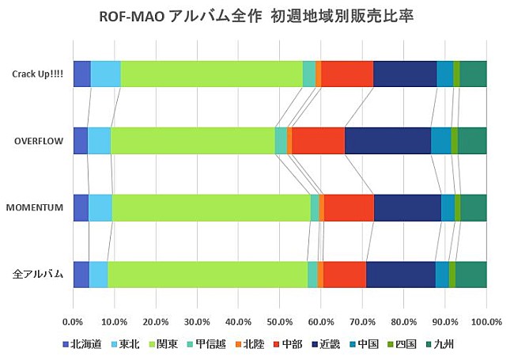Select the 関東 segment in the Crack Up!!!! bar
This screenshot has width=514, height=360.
211,73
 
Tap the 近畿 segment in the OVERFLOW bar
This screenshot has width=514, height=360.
387,140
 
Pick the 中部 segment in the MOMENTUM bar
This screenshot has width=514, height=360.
349,207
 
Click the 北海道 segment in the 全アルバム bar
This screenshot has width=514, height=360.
81,273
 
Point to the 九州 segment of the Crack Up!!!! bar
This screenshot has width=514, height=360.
473,73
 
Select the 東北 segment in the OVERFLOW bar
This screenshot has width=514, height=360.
99,140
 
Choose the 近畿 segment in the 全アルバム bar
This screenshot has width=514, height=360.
401,273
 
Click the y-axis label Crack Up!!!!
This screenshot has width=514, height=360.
37,74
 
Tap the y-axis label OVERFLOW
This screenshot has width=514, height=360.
39,140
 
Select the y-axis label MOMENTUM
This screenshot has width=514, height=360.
35,207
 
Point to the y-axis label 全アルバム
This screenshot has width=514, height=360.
38,274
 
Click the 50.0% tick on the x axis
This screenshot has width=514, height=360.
280,322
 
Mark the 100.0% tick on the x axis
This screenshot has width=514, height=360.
486,322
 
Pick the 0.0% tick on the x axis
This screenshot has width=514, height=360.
73,322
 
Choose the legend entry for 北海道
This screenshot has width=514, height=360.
85,344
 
